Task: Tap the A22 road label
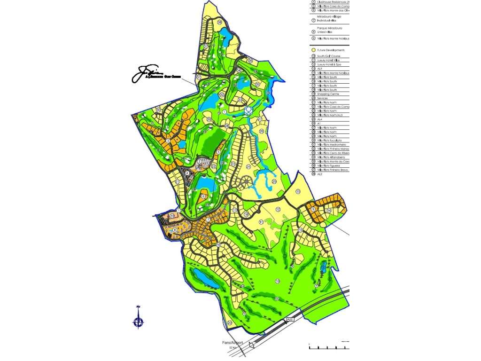(x=290, y=320)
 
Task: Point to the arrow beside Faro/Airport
(x=251, y=345)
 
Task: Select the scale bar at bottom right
(x=329, y=347)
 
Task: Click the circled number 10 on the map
(x=278, y=281)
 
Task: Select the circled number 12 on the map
(x=278, y=210)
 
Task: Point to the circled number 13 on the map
(x=298, y=191)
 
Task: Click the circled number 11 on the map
(x=261, y=221)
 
